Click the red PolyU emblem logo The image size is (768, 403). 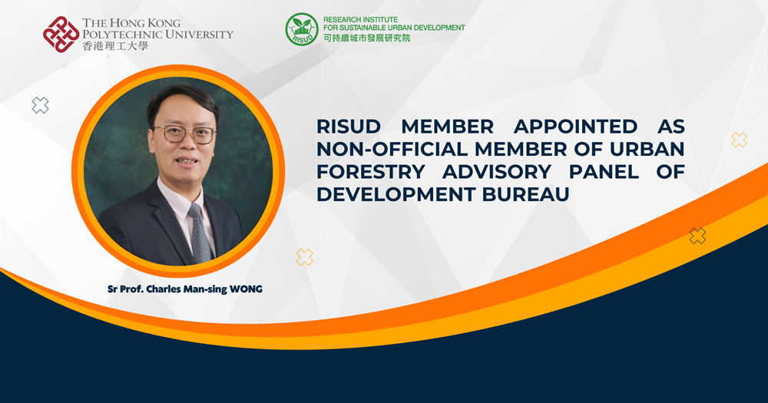click(61, 35)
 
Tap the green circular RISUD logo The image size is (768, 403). click(302, 29)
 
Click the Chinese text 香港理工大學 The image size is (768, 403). click(115, 46)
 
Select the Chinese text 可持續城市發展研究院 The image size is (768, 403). click(366, 38)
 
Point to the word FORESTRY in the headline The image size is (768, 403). click(371, 172)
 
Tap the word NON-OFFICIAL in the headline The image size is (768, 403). click(392, 150)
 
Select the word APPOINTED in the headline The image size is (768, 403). click(575, 127)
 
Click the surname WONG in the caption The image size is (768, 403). click(247, 289)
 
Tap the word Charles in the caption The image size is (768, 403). click(164, 289)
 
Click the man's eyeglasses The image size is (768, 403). click(184, 134)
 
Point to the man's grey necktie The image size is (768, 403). click(200, 233)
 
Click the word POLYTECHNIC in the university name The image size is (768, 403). click(121, 35)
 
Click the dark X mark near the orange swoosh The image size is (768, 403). click(697, 236)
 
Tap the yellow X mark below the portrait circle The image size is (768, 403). click(304, 257)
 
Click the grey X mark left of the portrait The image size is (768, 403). click(40, 105)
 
